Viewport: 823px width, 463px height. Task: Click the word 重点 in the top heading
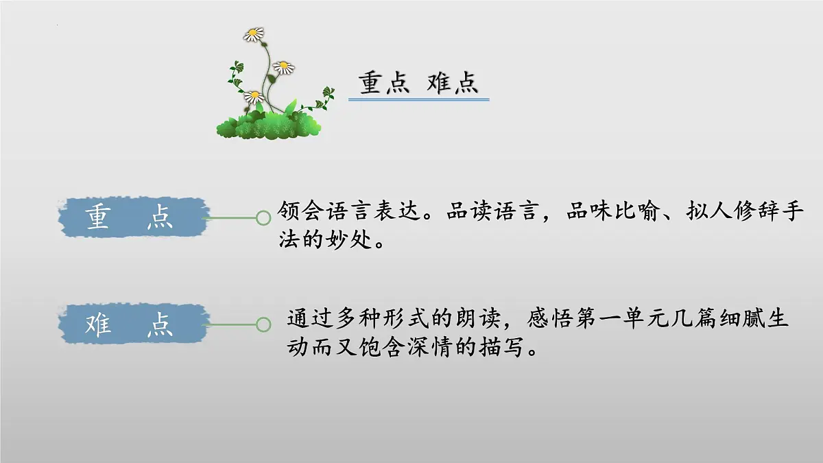coord(383,84)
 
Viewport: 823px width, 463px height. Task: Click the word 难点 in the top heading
coord(452,84)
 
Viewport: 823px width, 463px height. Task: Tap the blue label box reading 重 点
coord(131,217)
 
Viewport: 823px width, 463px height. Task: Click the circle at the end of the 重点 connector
coord(263,218)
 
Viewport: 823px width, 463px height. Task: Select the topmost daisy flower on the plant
coord(254,34)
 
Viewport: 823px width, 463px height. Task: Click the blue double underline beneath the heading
coord(418,100)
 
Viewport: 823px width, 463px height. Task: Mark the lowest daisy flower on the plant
coord(254,97)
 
